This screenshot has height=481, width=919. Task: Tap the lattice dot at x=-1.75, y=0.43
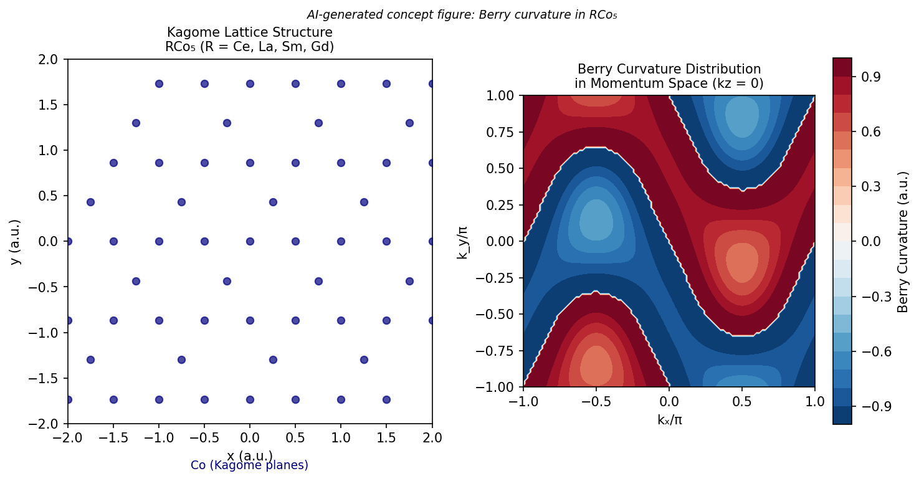point(90,202)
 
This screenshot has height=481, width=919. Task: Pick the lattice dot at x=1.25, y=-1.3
point(364,360)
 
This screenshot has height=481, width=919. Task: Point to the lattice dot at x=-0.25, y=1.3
point(227,123)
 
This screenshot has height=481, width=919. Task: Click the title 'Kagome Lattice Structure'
point(249,32)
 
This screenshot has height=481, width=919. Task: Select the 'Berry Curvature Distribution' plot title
point(669,69)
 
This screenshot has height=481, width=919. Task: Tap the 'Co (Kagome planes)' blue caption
point(249,465)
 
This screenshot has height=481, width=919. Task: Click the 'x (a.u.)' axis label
point(249,455)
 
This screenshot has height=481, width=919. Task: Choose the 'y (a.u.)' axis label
point(15,241)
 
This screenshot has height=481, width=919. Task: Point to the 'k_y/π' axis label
point(462,241)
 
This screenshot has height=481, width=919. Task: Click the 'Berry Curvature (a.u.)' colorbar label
point(902,241)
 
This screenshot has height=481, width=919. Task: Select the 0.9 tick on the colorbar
point(864,77)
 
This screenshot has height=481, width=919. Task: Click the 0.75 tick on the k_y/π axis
point(502,131)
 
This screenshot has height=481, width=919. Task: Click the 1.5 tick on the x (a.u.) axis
point(386,437)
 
